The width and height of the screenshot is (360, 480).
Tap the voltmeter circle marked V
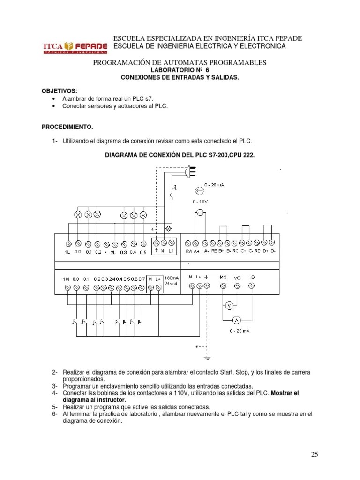click(x=229, y=305)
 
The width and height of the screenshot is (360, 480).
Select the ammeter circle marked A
click(x=237, y=320)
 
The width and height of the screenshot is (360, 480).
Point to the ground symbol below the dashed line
click(x=207, y=358)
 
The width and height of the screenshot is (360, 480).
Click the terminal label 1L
click(x=68, y=252)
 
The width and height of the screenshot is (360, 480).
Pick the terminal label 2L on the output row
click(x=113, y=252)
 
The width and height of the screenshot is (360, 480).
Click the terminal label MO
click(x=223, y=277)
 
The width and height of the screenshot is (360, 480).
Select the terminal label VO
click(x=237, y=277)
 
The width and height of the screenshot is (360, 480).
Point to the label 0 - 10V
click(x=201, y=201)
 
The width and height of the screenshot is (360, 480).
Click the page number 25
click(x=314, y=454)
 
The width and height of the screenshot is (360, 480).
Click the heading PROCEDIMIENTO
click(x=67, y=127)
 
